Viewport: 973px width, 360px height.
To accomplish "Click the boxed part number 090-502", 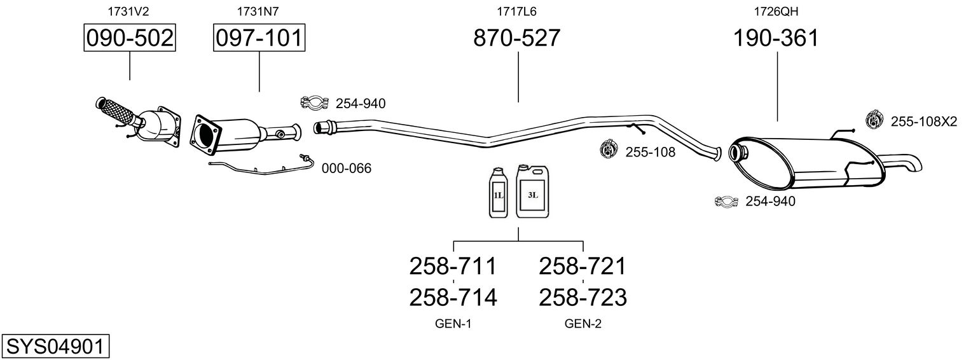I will coord(130,38).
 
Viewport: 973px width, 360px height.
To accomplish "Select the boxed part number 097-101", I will coord(259,38).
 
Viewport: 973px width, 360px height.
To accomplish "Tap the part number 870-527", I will coord(517,38).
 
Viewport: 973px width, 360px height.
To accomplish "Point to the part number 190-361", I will coord(776,38).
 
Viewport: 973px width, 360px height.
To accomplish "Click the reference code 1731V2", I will coord(130,11).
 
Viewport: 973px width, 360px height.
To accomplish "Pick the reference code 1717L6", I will coord(517,11).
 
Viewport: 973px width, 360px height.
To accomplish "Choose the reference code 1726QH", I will coord(776,11).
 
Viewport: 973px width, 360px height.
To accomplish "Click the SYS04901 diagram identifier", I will coord(55,347).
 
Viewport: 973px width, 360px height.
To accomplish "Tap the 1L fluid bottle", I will coord(499,193).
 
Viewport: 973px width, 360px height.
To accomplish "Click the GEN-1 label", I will coord(453,324).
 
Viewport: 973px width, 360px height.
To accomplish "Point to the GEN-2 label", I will coord(583,324).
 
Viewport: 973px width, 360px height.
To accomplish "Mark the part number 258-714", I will coord(453,297).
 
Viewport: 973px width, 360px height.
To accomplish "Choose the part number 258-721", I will coord(583,265).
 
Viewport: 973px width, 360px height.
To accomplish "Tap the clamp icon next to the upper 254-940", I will coord(314,102).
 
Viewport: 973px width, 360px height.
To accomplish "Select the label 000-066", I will coord(347,169).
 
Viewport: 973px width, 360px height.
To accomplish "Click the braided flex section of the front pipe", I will coord(118,111).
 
